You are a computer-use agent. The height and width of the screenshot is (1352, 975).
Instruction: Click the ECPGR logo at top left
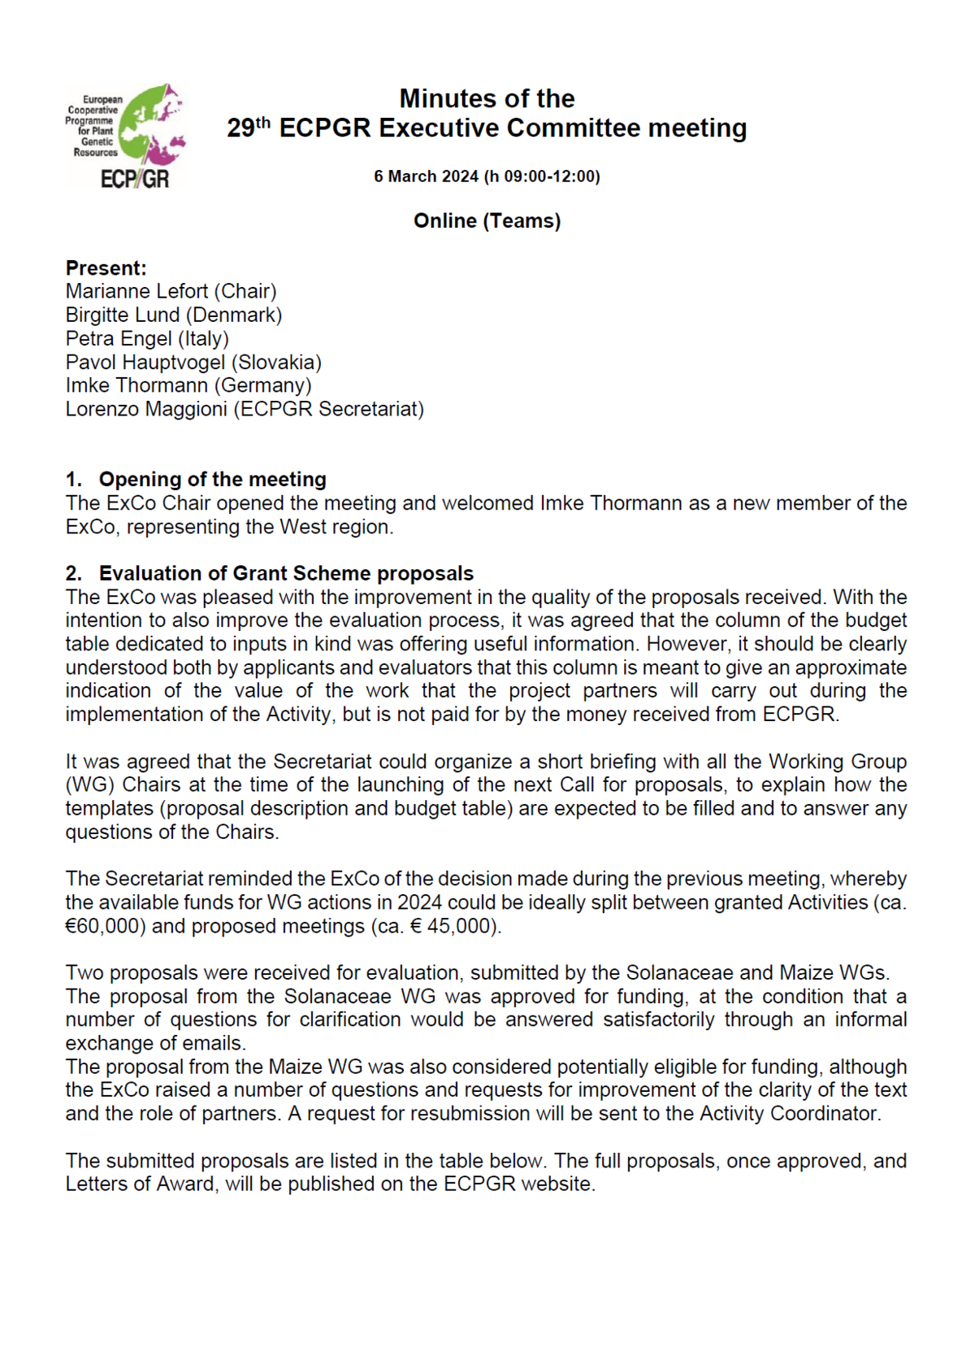tap(125, 136)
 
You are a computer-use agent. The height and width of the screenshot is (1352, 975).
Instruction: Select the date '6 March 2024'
tap(426, 176)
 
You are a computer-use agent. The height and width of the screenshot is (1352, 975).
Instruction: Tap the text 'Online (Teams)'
tap(487, 221)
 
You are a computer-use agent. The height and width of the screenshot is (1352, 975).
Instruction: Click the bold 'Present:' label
tap(106, 268)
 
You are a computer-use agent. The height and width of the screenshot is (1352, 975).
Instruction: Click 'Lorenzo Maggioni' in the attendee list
tap(146, 410)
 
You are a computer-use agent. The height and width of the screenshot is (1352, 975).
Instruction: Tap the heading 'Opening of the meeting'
tap(212, 480)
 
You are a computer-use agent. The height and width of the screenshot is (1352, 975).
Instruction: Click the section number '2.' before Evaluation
tap(74, 574)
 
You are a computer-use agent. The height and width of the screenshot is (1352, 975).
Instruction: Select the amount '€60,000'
tap(105, 927)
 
